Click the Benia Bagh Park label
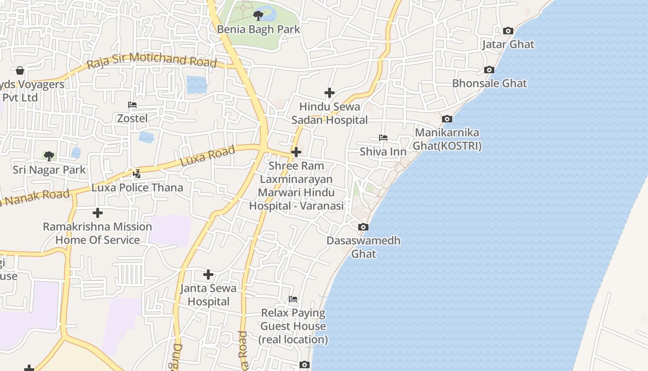click(x=259, y=29)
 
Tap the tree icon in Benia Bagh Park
click(x=258, y=16)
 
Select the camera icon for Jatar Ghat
click(x=508, y=31)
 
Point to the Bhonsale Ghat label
click(x=489, y=83)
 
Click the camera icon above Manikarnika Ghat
click(x=447, y=119)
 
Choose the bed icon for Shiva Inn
click(x=383, y=138)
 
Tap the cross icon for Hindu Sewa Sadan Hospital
click(x=329, y=93)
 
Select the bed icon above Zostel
click(x=132, y=105)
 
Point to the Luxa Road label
click(x=207, y=156)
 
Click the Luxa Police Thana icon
click(x=137, y=174)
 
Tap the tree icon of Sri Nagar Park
click(x=49, y=156)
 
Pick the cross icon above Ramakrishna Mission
click(x=97, y=213)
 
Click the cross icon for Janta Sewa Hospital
click(x=208, y=275)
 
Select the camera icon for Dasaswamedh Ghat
click(x=363, y=227)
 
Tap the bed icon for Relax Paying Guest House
click(x=293, y=299)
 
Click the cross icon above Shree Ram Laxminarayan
click(x=296, y=152)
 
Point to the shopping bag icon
click(x=20, y=70)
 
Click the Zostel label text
click(x=132, y=118)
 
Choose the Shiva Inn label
click(x=383, y=152)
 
